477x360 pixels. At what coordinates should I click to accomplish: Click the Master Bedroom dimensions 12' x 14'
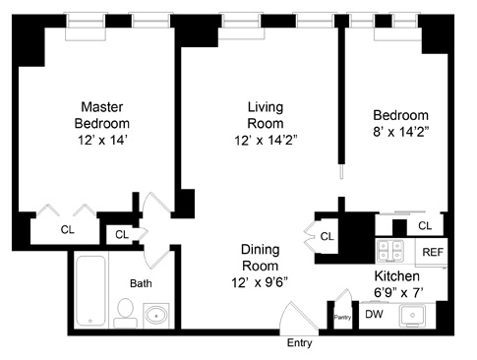point(102,140)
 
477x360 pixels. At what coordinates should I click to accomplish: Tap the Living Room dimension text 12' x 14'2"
point(266,141)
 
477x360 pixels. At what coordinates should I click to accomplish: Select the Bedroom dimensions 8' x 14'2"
point(401,132)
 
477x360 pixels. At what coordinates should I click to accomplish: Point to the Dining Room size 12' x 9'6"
point(260,282)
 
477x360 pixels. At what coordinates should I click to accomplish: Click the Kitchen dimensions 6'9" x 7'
point(398,292)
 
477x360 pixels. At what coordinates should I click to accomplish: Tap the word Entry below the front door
point(299,343)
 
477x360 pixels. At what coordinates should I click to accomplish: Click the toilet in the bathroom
point(125,313)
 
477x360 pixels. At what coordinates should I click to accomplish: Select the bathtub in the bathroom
point(90,290)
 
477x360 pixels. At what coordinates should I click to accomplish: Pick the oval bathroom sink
point(156,316)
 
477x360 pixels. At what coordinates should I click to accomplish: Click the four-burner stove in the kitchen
point(389,251)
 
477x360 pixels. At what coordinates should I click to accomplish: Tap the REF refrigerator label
point(433,252)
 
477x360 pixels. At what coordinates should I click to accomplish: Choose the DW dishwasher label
point(374,314)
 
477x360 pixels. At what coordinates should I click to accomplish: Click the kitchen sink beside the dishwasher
point(412,315)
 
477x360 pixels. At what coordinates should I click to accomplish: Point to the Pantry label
point(342,318)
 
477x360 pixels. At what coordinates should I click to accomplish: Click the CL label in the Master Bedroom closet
point(68,230)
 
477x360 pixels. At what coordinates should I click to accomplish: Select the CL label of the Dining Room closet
point(327,236)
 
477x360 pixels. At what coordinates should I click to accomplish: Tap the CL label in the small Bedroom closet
point(425,226)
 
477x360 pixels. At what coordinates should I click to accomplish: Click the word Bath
point(141,283)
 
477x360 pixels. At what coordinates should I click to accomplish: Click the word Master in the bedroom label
point(102,107)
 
